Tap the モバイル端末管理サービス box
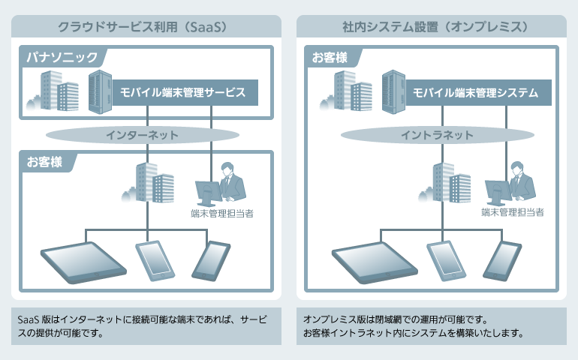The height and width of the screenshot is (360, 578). coord(183,93)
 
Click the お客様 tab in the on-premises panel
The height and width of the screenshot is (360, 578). coord(330,57)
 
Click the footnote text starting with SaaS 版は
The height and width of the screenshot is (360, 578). coord(142,325)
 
